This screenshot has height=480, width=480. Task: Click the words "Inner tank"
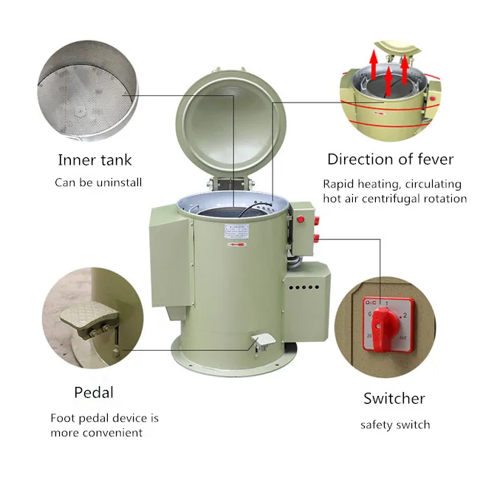[x=95, y=160]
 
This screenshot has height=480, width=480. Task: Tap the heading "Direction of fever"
[x=390, y=159]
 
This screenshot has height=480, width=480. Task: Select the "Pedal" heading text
[x=94, y=392]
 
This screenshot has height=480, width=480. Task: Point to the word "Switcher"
[x=394, y=399]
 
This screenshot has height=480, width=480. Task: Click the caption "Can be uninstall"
[x=98, y=182]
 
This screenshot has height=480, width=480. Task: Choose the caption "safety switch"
[x=395, y=425]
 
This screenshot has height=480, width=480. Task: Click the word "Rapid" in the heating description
[x=339, y=184]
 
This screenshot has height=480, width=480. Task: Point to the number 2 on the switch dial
[x=403, y=316]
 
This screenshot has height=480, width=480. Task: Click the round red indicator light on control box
[x=301, y=219]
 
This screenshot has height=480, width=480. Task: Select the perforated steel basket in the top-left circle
[x=87, y=89]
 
